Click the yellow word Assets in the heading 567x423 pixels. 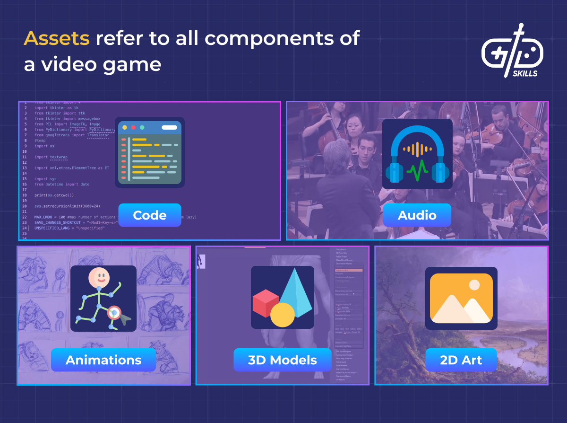click(x=57, y=38)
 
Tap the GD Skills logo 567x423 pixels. click(x=512, y=49)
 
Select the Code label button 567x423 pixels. click(x=149, y=215)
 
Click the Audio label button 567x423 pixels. click(x=417, y=215)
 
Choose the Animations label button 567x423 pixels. click(x=103, y=360)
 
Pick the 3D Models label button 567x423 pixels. click(x=282, y=360)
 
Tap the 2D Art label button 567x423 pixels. click(x=461, y=360)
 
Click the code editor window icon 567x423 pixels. click(x=150, y=152)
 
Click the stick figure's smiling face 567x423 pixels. click(x=99, y=277)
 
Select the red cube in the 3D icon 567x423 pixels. click(x=266, y=303)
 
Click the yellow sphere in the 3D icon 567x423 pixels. click(x=283, y=315)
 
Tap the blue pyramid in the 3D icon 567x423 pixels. click(x=296, y=291)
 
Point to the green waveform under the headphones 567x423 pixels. click(x=417, y=171)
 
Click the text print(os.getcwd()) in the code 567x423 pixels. click(x=54, y=195)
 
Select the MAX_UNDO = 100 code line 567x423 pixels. click(x=52, y=217)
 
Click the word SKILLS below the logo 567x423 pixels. click(x=524, y=73)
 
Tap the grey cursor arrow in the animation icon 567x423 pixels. click(x=125, y=320)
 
